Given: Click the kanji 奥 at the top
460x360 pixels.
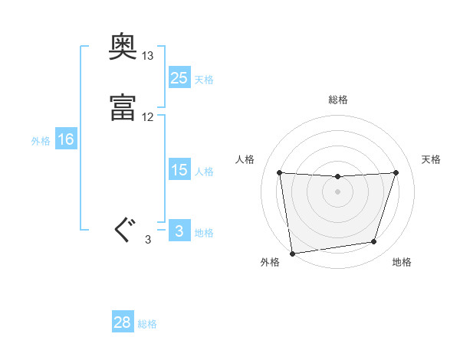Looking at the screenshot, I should click(x=123, y=51).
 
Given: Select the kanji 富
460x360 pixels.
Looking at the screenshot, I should click(x=123, y=107).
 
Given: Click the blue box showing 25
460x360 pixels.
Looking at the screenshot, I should click(x=179, y=77).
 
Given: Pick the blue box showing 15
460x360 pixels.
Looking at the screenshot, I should click(x=179, y=170).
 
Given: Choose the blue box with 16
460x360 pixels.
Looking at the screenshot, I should click(x=65, y=139).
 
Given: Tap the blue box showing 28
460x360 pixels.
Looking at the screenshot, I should click(x=123, y=322).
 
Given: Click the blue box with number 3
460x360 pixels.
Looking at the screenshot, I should click(x=179, y=231).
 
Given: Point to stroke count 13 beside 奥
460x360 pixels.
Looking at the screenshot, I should click(x=148, y=56).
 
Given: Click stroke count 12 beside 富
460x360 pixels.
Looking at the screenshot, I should click(x=148, y=117).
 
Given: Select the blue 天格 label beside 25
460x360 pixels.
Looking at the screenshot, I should click(x=204, y=79).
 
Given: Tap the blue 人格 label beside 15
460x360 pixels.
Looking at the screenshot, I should click(x=204, y=172).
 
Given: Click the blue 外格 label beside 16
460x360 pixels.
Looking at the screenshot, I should click(x=40, y=141).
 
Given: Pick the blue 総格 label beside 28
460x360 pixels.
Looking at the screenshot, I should click(x=147, y=324).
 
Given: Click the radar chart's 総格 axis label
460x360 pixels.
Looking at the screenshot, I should click(x=337, y=100).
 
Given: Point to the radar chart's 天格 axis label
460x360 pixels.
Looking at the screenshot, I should click(x=432, y=159).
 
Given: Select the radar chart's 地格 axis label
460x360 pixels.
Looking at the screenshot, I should click(x=402, y=263).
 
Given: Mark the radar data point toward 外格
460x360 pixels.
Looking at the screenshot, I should click(x=292, y=253).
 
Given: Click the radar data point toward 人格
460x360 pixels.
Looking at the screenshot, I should click(x=279, y=172).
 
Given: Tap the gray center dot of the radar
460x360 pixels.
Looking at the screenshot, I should click(x=337, y=191).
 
